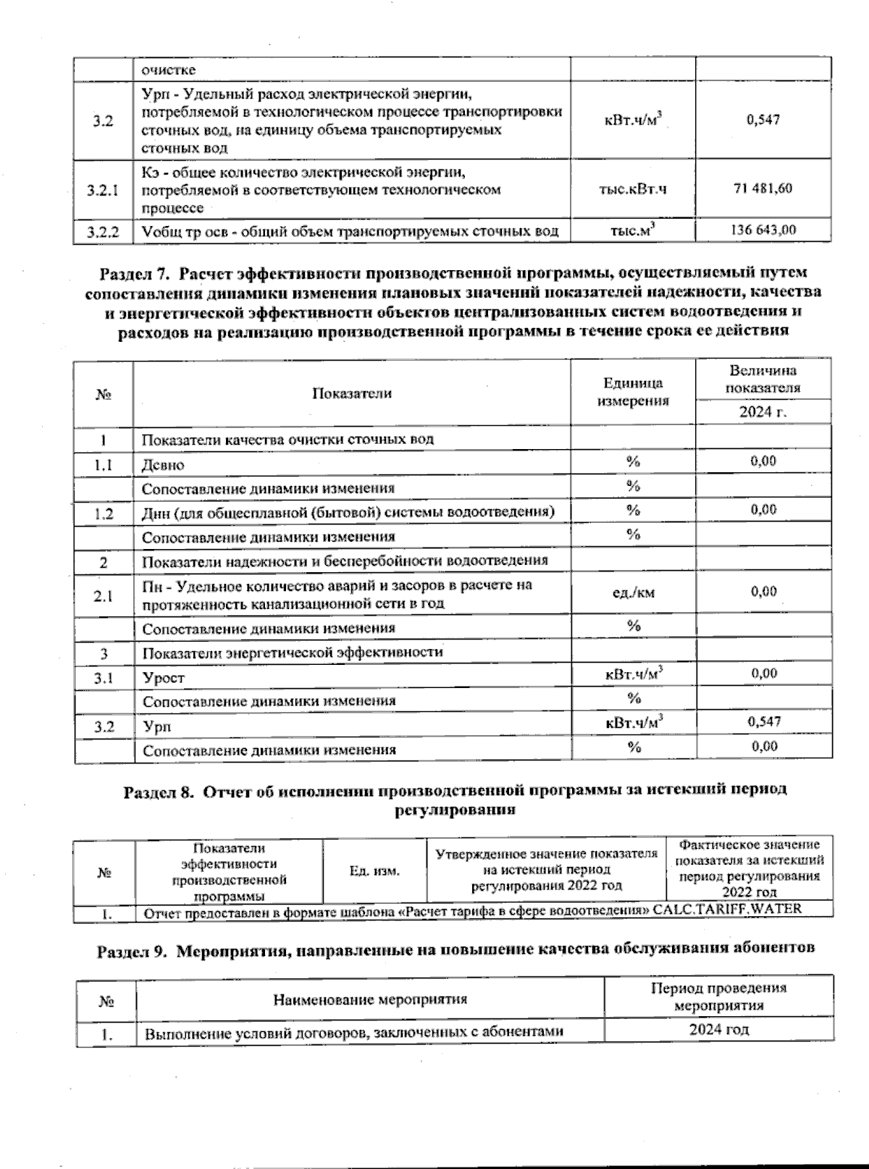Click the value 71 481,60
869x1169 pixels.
pyautogui.click(x=763, y=189)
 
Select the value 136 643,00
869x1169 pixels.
pyautogui.click(x=763, y=230)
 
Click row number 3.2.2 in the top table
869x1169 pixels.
pyautogui.click(x=103, y=232)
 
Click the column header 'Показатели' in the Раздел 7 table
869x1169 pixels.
pyautogui.click(x=352, y=393)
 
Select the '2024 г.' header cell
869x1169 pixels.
pyautogui.click(x=763, y=412)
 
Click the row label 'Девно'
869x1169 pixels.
pyautogui.click(x=163, y=465)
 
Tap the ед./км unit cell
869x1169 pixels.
pyautogui.click(x=633, y=593)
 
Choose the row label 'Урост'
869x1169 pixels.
pyautogui.click(x=164, y=678)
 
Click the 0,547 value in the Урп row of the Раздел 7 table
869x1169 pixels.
pyautogui.click(x=763, y=721)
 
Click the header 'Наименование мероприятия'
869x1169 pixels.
pyautogui.click(x=369, y=1000)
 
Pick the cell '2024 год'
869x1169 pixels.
pyautogui.click(x=718, y=1030)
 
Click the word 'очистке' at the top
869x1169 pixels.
pyautogui.click(x=168, y=70)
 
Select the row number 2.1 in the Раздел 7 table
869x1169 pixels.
pyautogui.click(x=103, y=596)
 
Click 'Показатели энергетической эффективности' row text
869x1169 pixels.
pyautogui.click(x=292, y=652)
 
